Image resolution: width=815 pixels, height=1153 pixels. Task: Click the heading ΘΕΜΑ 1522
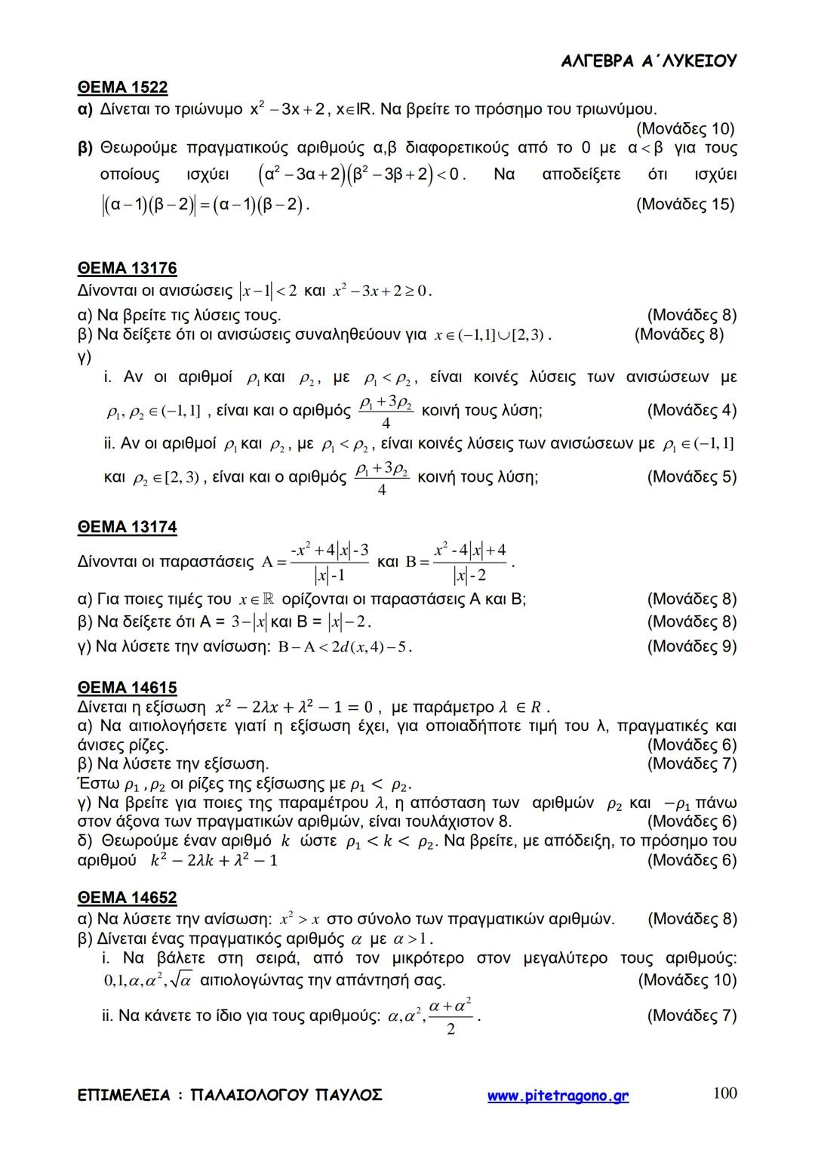122,88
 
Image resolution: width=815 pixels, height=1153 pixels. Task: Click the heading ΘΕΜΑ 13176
127,268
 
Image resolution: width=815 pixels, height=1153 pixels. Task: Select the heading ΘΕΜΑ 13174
127,527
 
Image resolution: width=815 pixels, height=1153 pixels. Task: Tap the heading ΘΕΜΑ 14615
127,688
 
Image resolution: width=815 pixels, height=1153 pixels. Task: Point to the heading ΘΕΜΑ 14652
127,898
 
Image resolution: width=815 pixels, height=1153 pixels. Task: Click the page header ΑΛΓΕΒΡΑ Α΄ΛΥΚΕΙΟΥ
649,61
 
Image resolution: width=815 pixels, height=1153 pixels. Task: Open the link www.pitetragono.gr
558,1096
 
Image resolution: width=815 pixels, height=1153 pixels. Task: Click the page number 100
724,1093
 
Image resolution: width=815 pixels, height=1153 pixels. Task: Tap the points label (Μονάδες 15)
685,204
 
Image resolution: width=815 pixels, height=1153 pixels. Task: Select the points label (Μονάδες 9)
691,646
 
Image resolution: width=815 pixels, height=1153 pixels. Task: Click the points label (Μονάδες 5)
691,477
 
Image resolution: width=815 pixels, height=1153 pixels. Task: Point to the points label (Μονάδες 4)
691,411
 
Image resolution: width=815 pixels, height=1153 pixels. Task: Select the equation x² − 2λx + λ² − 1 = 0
294,708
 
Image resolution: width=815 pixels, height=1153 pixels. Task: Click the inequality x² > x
300,920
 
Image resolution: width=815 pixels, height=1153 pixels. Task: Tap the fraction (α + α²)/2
450,1016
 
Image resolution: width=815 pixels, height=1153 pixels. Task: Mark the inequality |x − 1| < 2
267,291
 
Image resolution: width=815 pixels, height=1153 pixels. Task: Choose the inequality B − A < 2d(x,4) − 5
344,647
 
